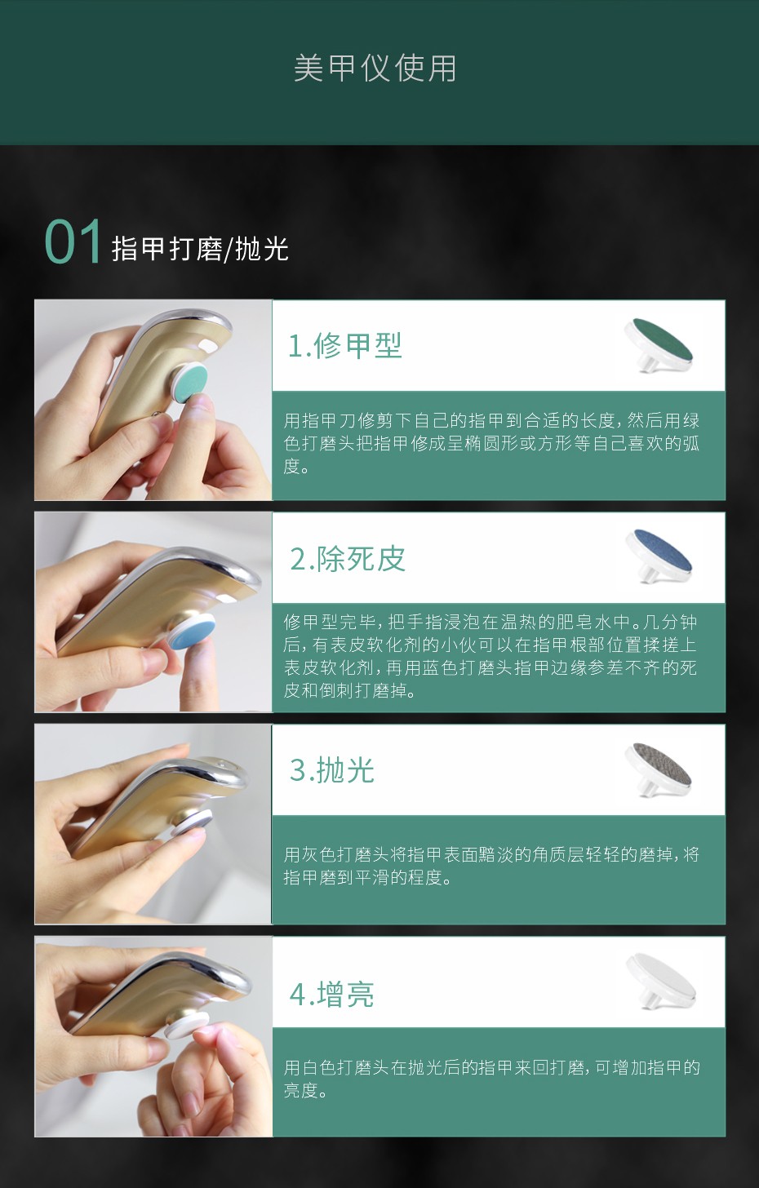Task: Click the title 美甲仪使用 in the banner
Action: point(375,69)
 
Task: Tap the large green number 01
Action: point(73,242)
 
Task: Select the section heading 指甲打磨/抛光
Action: point(200,249)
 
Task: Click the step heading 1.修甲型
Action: point(344,346)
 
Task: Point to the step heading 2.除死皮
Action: point(348,558)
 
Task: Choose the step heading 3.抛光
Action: point(331,770)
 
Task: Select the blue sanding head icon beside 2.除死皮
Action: point(659,556)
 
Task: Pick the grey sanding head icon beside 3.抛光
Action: point(658,769)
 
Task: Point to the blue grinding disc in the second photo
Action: point(192,632)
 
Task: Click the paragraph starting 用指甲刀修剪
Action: point(491,443)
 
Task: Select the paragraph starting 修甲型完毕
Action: point(490,655)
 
